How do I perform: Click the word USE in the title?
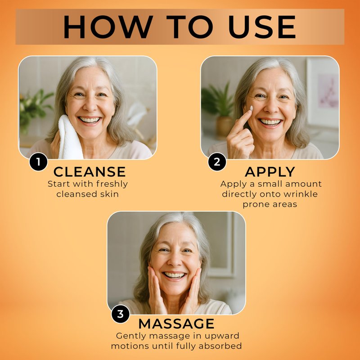262,27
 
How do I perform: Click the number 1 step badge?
38,162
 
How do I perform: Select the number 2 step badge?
217,162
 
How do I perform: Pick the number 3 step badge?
120,314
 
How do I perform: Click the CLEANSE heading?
90,172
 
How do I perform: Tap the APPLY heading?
270,172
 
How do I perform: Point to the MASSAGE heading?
176,324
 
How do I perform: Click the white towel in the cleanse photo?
69,138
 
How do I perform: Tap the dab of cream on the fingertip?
251,108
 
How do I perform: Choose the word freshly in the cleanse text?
112,184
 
